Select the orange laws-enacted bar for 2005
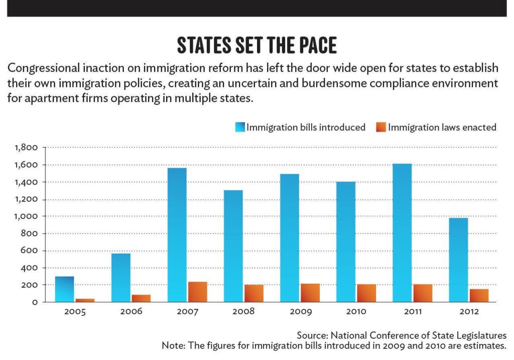(85, 300)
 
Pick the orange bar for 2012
(478, 295)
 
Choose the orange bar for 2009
(310, 293)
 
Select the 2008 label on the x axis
(243, 312)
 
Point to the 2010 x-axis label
(356, 312)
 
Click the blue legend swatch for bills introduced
(240, 128)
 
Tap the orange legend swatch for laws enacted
(380, 128)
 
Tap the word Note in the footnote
(172, 345)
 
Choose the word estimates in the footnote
(486, 345)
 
